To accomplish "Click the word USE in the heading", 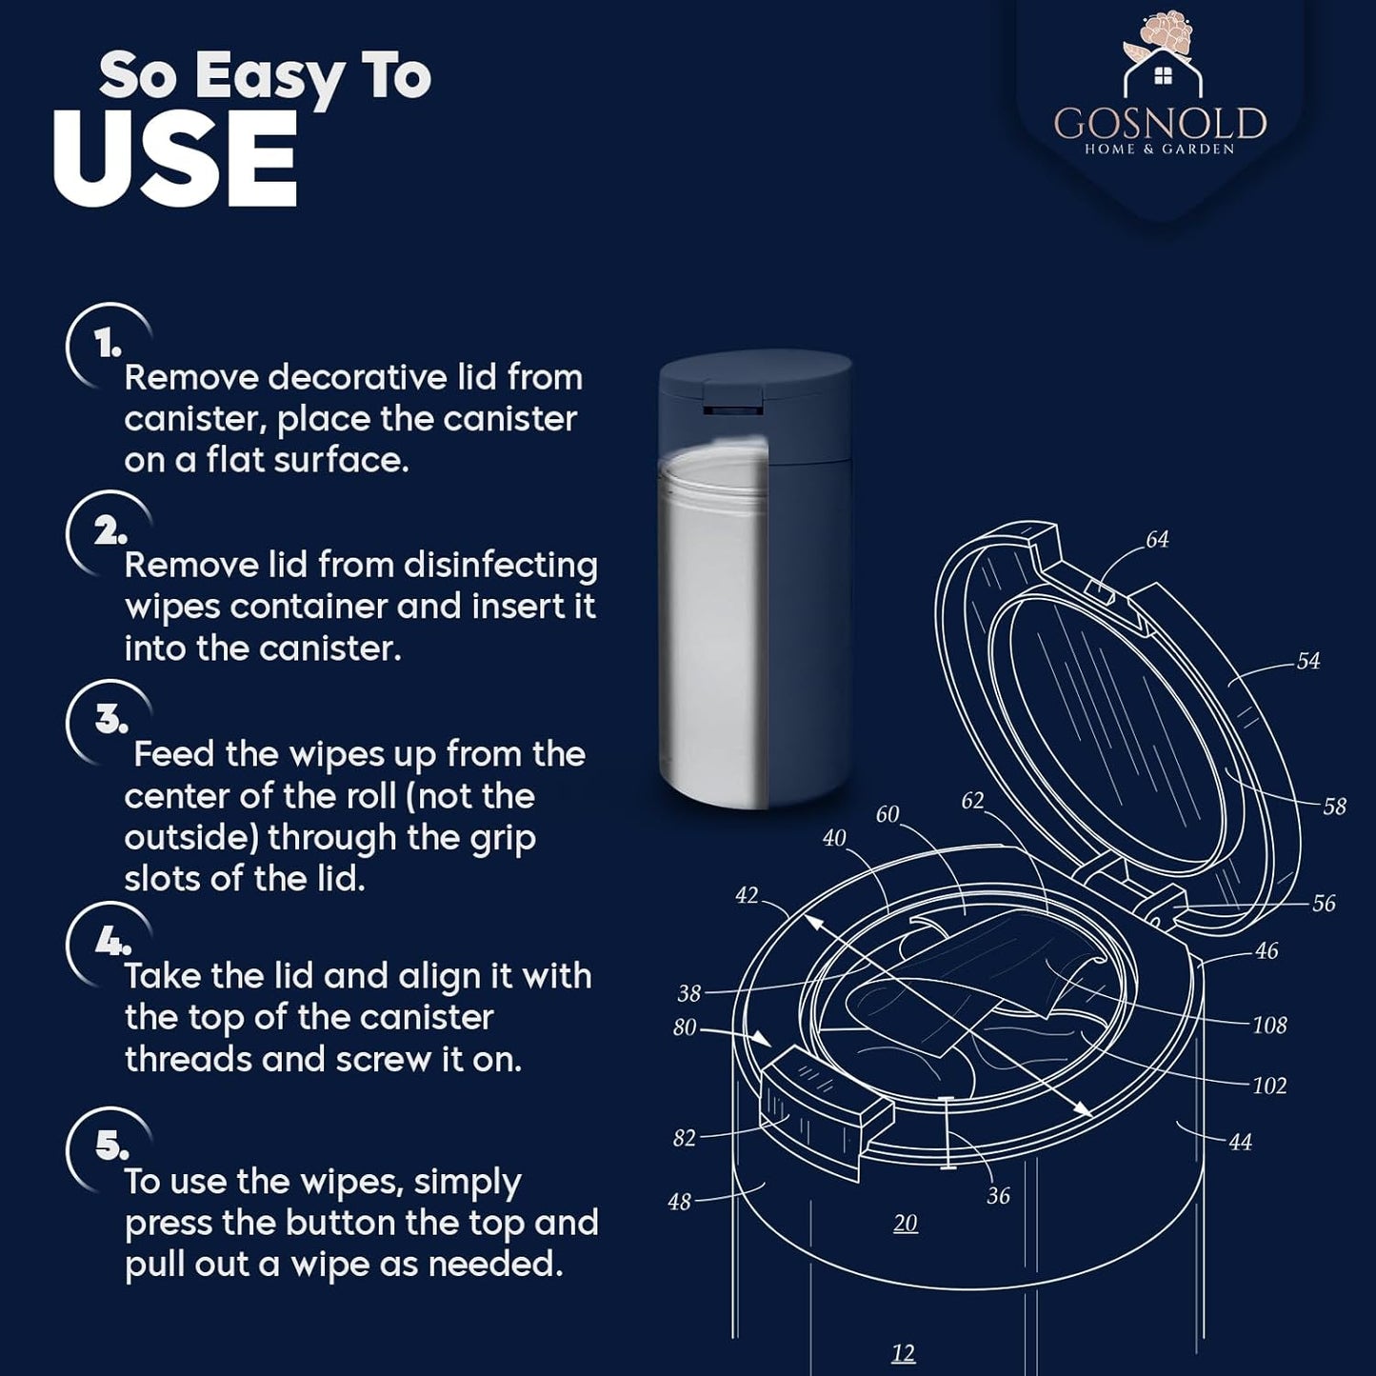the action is [x=175, y=158].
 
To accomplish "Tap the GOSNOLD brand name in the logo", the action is [x=1160, y=124].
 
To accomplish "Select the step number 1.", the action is [x=107, y=346].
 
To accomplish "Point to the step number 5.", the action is [x=111, y=1146].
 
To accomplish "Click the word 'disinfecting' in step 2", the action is [x=501, y=567].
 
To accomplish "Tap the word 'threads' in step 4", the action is [x=189, y=1060].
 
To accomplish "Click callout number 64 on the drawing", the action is [x=1158, y=540].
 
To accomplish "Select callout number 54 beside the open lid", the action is [x=1308, y=661].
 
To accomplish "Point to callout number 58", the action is [x=1335, y=807].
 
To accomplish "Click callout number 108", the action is [x=1269, y=1026].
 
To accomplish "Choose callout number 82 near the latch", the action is [x=684, y=1138].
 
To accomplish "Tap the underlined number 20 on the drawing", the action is [x=906, y=1224].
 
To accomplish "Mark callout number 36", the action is [x=998, y=1195].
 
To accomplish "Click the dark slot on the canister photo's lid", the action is [x=732, y=410].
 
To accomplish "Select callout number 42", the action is [x=747, y=895].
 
